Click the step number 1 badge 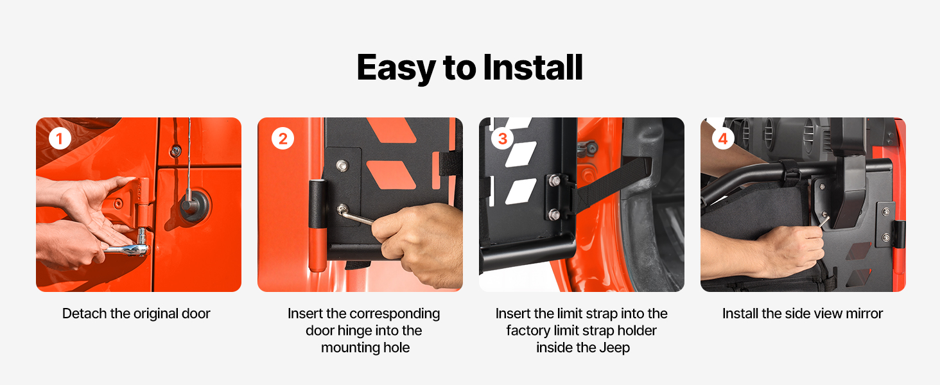[60, 138]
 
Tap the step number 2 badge [283, 138]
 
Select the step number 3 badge [502, 138]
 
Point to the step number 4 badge [723, 138]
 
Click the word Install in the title [533, 67]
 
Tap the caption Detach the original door [136, 314]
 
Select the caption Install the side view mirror [803, 314]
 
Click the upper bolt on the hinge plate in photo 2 [342, 166]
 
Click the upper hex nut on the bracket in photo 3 [554, 181]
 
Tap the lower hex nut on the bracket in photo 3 [554, 214]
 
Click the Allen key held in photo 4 [824, 220]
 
